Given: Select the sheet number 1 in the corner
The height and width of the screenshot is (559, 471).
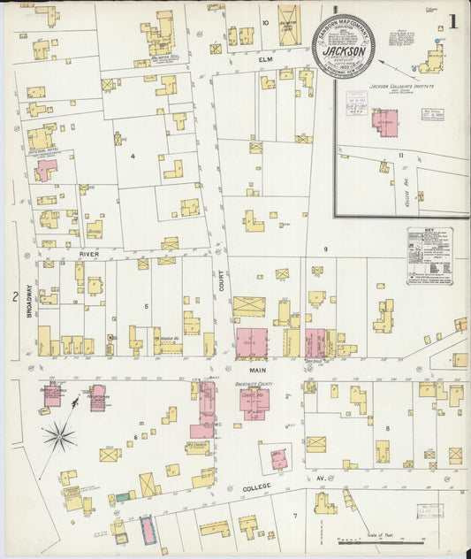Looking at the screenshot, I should click(x=452, y=20).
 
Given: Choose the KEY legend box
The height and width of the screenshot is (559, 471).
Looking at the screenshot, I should click(x=429, y=256).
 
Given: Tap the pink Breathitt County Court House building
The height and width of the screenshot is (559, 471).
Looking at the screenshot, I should click(x=254, y=402).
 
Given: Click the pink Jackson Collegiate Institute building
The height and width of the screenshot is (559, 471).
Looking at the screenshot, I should click(x=384, y=122).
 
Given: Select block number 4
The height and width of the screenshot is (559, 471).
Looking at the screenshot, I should click(x=132, y=157).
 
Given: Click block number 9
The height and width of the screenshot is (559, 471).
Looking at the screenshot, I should click(x=325, y=249).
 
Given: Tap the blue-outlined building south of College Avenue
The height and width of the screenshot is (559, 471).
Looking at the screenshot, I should click(x=147, y=528).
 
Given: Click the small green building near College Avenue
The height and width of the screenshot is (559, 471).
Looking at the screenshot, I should click(x=121, y=498).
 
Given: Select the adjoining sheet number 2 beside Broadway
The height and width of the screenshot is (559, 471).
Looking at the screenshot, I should click(x=15, y=296).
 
